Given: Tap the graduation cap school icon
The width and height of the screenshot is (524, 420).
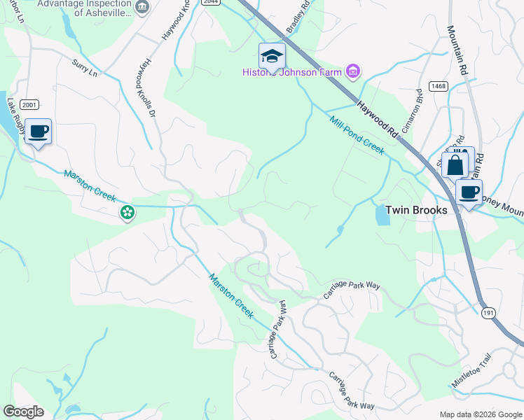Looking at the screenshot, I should [x=272, y=55].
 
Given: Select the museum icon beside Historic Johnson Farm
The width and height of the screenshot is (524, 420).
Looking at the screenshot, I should [x=352, y=71].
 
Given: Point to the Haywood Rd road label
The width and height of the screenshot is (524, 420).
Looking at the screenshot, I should [x=378, y=118].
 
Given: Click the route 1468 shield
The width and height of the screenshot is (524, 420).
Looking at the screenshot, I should [x=439, y=86].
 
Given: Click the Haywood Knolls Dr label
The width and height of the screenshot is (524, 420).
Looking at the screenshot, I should [x=149, y=91].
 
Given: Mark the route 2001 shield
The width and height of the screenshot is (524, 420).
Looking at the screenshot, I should [x=29, y=104].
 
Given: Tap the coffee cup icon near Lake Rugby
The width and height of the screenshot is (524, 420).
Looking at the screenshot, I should [x=39, y=131].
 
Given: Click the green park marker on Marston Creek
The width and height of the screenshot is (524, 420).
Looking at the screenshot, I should [x=127, y=212].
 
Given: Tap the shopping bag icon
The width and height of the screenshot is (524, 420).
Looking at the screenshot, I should [x=455, y=165].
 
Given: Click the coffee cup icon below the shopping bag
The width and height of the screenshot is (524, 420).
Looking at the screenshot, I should [x=469, y=192].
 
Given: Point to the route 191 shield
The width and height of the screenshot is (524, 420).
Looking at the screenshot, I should [x=489, y=314].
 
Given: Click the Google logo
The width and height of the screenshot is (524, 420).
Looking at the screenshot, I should [x=22, y=412].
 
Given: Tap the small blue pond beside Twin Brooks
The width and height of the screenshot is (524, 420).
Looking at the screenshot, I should [x=382, y=216].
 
